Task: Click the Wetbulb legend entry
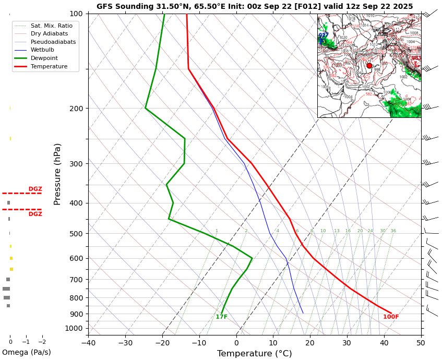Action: pos(42,50)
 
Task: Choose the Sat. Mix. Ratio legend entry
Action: pos(51,26)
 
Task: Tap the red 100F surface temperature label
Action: pos(391,317)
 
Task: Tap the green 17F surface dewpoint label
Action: pos(221,317)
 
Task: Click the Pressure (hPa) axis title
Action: pos(57,174)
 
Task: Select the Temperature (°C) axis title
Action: pos(254,354)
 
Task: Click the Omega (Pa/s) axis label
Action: pos(26,352)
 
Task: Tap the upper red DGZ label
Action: pos(35,189)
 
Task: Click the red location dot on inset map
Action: pos(369,66)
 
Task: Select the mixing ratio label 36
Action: pos(393,231)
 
